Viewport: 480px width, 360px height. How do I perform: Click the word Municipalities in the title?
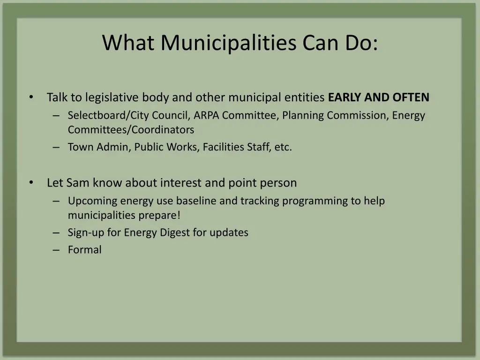coord(229,43)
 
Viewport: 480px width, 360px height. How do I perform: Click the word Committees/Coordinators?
coord(131,129)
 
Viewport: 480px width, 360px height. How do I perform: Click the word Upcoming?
coord(92,201)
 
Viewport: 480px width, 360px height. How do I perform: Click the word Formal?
coord(84,250)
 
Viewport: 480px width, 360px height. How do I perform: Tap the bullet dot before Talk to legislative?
coord(31,97)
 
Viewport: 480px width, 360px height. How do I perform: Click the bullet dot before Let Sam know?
coord(31,182)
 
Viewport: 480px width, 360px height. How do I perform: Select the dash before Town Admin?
coord(56,147)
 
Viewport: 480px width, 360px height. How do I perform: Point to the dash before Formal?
coord(56,250)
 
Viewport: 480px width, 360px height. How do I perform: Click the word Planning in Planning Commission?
coord(303,115)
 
